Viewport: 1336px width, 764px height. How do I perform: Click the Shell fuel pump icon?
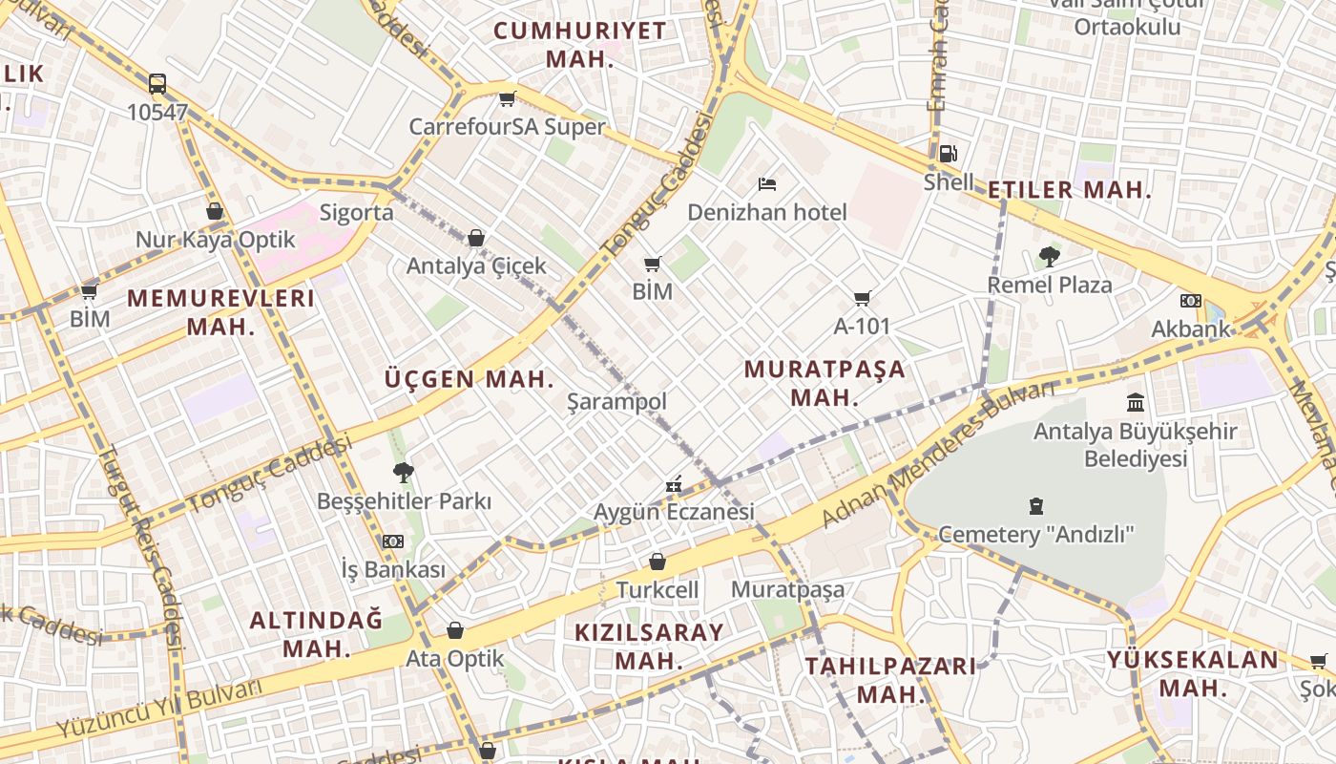[948, 153]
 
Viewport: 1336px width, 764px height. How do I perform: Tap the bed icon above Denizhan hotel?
[767, 183]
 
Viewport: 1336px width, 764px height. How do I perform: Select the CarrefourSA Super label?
[507, 127]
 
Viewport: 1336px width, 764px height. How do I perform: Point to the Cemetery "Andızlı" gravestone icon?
[1036, 505]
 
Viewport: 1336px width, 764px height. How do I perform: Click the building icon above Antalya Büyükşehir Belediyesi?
[1136, 402]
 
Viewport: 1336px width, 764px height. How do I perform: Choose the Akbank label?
[1190, 329]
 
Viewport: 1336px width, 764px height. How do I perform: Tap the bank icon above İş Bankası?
[393, 541]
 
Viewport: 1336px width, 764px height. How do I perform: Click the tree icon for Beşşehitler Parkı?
[403, 472]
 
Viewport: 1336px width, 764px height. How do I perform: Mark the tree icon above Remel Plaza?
[1050, 256]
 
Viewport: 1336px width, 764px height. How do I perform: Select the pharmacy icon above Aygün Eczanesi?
[674, 484]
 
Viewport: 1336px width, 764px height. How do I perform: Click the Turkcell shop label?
[658, 590]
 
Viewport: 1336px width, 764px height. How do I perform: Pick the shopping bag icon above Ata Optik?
[455, 630]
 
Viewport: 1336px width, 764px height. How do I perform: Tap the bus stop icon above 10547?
[157, 84]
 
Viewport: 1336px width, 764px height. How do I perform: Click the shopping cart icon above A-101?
[863, 298]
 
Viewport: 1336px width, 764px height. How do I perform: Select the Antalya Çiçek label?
[476, 265]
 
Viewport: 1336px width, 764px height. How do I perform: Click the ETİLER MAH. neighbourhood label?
[1069, 190]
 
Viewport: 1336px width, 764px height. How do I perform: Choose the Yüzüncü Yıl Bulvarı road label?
[157, 709]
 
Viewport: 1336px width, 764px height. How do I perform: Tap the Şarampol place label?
[616, 402]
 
